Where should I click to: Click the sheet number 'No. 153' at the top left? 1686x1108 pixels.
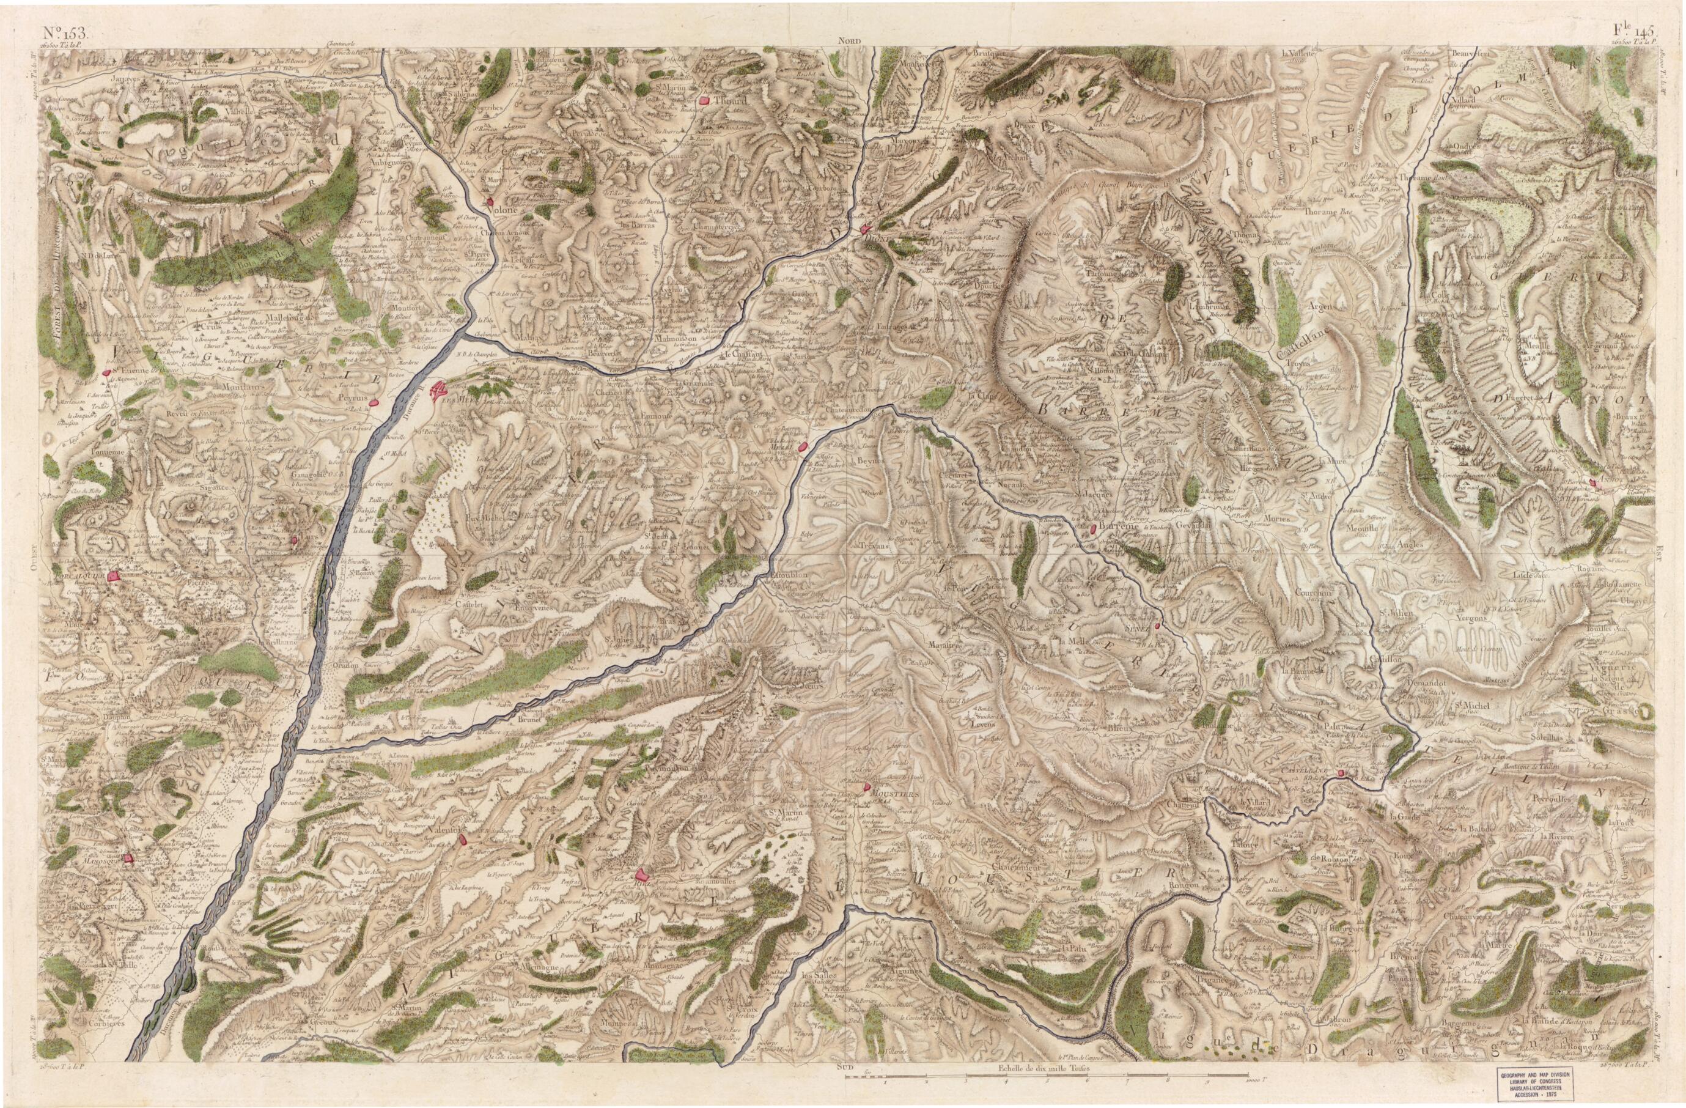[62, 31]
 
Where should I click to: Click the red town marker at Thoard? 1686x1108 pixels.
[704, 102]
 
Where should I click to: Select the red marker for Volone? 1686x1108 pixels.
[490, 202]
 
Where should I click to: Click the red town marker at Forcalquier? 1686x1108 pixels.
[112, 577]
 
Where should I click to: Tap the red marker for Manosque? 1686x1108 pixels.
[128, 858]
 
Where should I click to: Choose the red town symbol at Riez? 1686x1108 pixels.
[641, 876]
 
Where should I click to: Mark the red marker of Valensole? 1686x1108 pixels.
[463, 840]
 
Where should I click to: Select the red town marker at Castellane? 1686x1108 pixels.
[1342, 773]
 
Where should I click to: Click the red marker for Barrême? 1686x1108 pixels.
[1094, 528]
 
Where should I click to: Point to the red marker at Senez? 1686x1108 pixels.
[1157, 626]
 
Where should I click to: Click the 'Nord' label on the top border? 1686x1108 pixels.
[849, 42]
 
